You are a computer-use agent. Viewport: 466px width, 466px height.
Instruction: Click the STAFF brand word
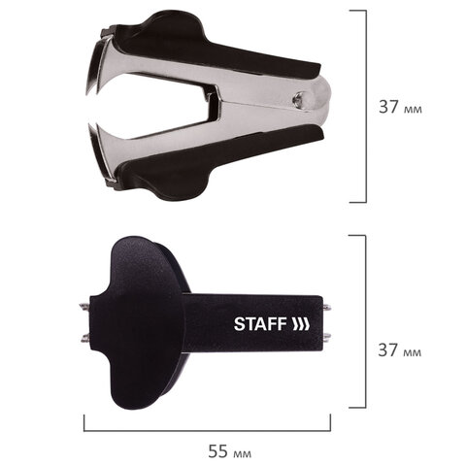[x=260, y=324]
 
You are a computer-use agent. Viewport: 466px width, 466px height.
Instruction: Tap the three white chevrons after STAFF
[x=301, y=324]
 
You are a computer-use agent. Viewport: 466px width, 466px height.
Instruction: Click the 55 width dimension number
[x=217, y=450]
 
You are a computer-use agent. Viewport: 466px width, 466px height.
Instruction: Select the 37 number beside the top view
[x=388, y=106]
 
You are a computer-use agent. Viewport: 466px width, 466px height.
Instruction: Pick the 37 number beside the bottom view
[x=388, y=349]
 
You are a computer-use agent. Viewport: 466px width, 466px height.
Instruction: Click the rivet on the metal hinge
[x=297, y=99]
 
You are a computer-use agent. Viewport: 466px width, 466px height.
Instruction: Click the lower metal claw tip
[x=89, y=127]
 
